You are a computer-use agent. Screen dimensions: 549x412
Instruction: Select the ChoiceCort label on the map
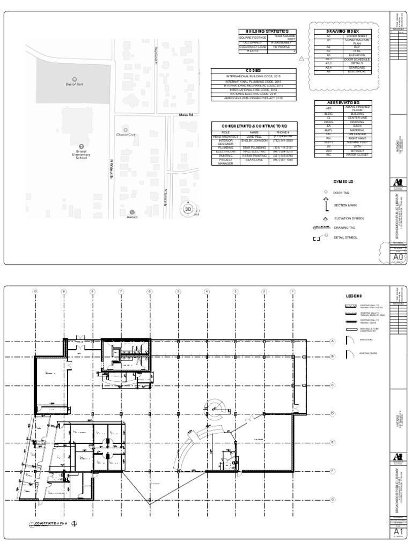point(125,135)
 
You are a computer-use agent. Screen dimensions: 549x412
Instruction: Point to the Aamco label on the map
point(132,217)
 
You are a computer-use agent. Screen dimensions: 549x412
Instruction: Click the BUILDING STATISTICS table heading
point(267,32)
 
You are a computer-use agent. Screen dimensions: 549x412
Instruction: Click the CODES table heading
point(253,71)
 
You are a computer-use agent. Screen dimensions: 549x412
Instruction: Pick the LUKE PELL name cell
point(254,137)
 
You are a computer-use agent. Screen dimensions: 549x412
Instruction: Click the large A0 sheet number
point(398,258)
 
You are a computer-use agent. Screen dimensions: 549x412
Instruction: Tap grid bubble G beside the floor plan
point(333,499)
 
